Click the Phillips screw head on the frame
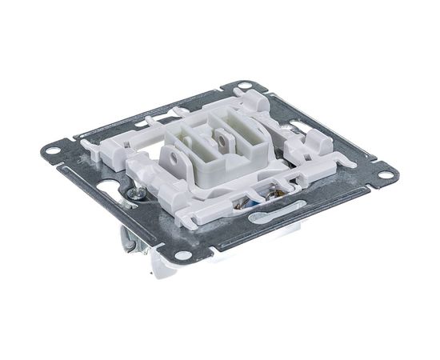137,194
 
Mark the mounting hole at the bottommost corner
184,256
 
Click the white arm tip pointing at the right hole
349,162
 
